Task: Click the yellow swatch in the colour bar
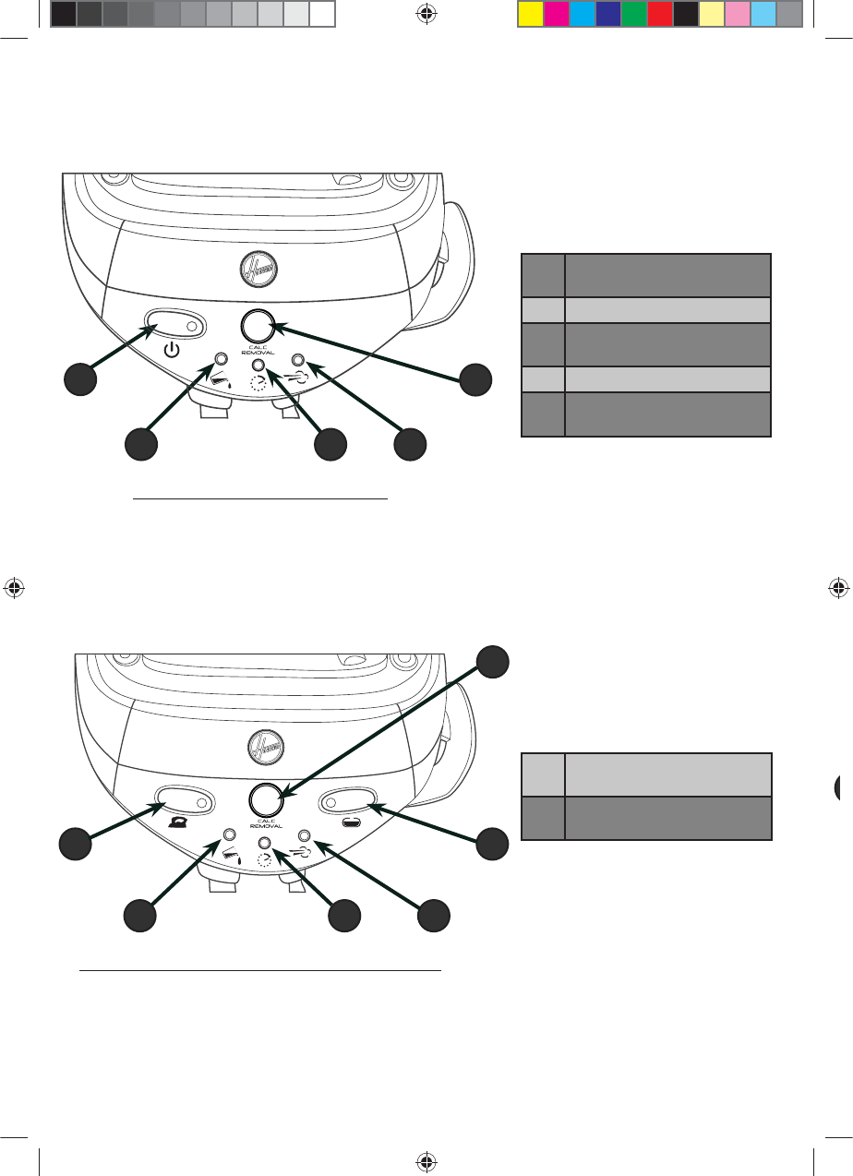(530, 13)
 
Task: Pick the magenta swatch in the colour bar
(556, 13)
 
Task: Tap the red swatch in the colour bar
(659, 13)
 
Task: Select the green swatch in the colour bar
(633, 13)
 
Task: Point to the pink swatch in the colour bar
(737, 13)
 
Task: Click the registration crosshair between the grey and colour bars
(426, 13)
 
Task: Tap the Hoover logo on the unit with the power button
(258, 268)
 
